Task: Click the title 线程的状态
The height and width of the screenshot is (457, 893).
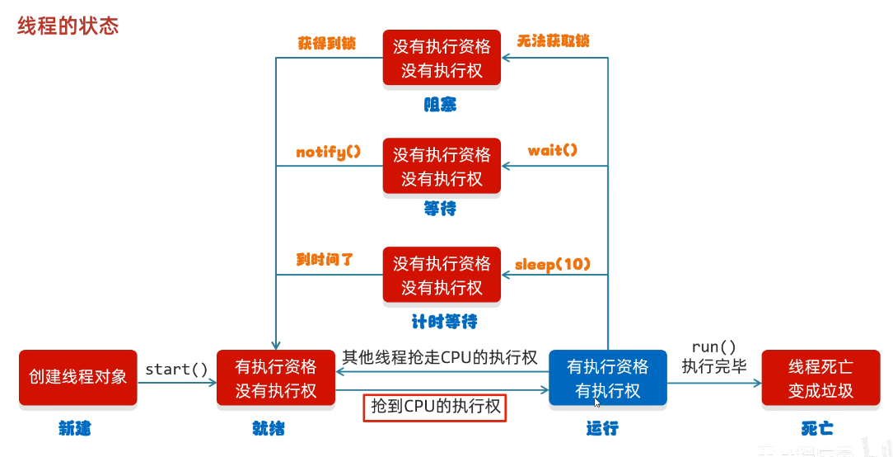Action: [68, 26]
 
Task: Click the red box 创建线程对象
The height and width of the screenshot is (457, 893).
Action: [78, 378]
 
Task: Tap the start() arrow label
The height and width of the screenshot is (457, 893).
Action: [176, 369]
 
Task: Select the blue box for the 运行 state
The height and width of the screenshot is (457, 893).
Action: [608, 378]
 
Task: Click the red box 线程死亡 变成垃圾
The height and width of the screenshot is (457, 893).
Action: [821, 378]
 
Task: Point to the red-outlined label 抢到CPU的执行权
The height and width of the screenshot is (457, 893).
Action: [434, 407]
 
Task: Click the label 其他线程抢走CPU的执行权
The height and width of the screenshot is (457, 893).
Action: [439, 357]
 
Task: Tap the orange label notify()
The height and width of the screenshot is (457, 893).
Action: [329, 152]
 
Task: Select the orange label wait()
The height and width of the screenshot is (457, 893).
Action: [553, 150]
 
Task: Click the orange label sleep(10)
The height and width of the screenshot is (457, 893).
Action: [554, 265]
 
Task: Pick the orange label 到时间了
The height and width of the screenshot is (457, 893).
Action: [325, 259]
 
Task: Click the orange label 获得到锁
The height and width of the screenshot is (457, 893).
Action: [327, 44]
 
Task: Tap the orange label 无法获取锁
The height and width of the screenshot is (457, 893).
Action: [554, 40]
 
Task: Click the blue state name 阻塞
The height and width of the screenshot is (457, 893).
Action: [440, 105]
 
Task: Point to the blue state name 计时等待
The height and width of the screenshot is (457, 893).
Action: [444, 321]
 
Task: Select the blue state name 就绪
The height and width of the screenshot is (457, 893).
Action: [269, 428]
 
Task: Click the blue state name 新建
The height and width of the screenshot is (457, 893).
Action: [74, 428]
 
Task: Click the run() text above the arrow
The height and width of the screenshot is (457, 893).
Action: [713, 347]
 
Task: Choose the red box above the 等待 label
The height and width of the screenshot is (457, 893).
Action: [442, 166]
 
